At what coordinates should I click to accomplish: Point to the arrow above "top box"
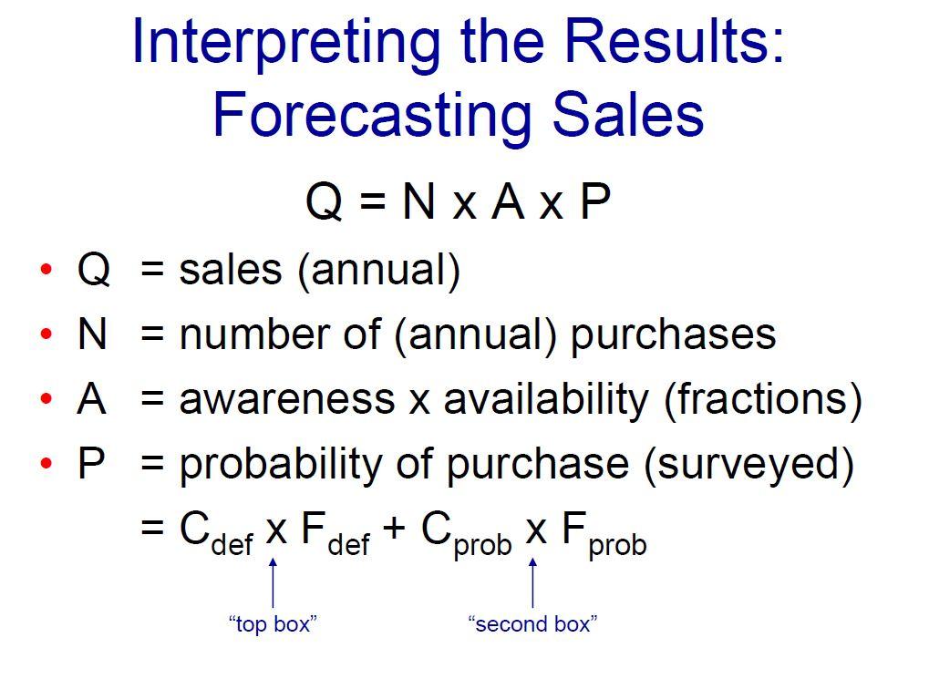[x=273, y=581]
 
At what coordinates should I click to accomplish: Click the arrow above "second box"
[x=533, y=581]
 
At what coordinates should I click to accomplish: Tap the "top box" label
[x=272, y=624]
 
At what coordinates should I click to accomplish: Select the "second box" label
[x=532, y=624]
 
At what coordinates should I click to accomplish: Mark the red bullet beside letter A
[x=46, y=400]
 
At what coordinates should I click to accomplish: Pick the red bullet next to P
[x=46, y=465]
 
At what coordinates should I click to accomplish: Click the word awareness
[x=287, y=399]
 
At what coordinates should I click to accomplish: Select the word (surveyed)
[x=748, y=465]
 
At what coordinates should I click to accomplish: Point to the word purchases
[x=673, y=335]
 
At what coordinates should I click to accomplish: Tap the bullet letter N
[x=92, y=334]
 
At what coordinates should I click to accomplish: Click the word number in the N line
[x=239, y=334]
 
